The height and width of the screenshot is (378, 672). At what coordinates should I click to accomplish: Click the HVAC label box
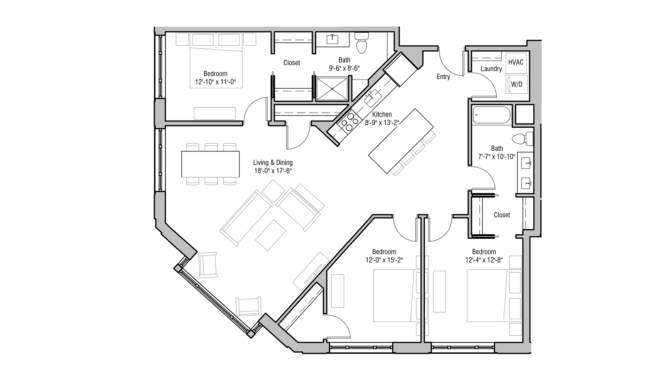coord(516,62)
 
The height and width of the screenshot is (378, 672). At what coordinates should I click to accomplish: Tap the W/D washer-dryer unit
coord(517,84)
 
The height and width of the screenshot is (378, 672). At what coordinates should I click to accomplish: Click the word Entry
coord(443,77)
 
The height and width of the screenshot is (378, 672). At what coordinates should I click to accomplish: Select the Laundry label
coord(491,69)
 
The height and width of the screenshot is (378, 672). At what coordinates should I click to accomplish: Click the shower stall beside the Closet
coord(332,89)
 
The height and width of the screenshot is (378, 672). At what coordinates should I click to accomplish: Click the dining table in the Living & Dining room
coord(210,164)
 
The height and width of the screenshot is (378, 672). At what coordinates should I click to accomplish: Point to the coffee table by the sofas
coord(270,235)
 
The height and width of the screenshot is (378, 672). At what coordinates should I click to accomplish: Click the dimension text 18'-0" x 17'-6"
coord(273,171)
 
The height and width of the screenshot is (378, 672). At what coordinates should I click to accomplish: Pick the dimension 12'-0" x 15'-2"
coord(384,260)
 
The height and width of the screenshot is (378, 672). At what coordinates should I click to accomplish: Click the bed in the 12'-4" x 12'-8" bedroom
coord(487,295)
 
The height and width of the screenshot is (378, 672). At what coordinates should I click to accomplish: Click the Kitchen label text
coord(382,114)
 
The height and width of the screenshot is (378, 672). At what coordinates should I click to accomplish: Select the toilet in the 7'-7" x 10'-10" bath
coord(523,139)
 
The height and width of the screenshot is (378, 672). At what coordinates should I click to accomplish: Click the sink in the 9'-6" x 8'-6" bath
coord(333,39)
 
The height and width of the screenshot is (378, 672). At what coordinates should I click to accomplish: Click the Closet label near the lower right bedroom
coord(502,215)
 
